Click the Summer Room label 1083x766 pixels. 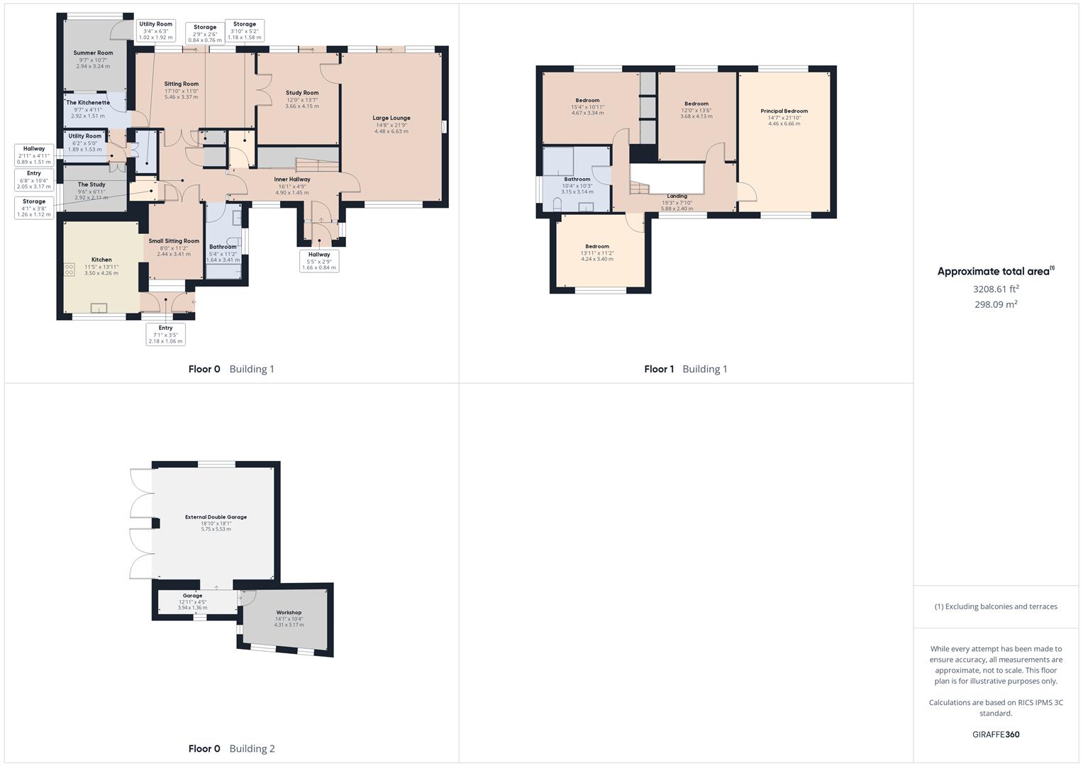pyautogui.click(x=93, y=52)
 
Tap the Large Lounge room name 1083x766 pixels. pyautogui.click(x=391, y=118)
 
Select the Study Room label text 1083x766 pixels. pyautogui.click(x=302, y=92)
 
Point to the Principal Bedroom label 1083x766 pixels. pyautogui.click(x=784, y=111)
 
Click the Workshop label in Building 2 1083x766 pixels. pyautogui.click(x=289, y=612)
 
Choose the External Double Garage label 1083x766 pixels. pyautogui.click(x=216, y=517)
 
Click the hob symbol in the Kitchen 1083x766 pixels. pyautogui.click(x=69, y=270)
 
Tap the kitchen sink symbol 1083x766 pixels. pyautogui.click(x=99, y=308)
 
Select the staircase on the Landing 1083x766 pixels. pyautogui.click(x=639, y=187)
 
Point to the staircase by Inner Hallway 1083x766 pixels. pyautogui.click(x=317, y=165)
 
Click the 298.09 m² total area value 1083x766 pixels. pyautogui.click(x=996, y=304)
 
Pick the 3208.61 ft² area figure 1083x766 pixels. pyautogui.click(x=996, y=289)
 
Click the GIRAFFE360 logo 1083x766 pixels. pyautogui.click(x=996, y=734)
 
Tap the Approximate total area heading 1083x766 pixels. pyautogui.click(x=996, y=271)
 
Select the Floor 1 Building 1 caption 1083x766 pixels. pyautogui.click(x=686, y=369)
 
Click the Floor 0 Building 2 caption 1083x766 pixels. pyautogui.click(x=232, y=748)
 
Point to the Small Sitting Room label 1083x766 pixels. pyautogui.click(x=174, y=241)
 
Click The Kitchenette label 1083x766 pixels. pyautogui.click(x=88, y=103)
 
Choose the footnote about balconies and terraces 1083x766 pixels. pyautogui.click(x=996, y=606)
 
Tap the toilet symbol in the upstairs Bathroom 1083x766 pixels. pyautogui.click(x=557, y=203)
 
